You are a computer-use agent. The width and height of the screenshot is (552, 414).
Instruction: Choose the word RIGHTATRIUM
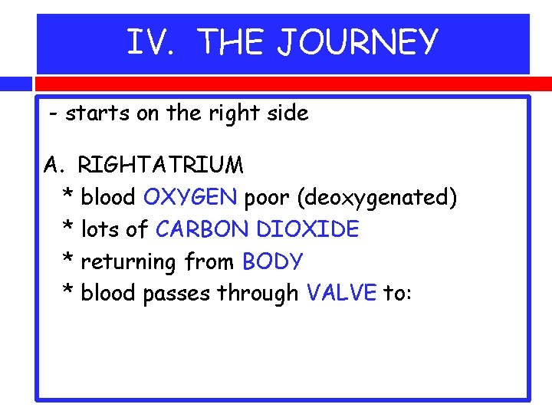pos(161,166)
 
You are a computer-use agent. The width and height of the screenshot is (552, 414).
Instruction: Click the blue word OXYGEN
pos(190,198)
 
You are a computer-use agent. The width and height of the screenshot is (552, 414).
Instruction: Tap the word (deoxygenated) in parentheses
pos(377,198)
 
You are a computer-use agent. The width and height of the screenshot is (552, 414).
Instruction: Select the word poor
pos(268,198)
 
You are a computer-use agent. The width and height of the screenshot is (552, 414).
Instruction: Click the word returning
pos(129,262)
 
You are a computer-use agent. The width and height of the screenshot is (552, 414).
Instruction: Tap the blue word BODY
pos(273,262)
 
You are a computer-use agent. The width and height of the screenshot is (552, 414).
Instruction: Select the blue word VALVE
pos(341,294)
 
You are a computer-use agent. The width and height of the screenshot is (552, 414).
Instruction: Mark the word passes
pos(177,294)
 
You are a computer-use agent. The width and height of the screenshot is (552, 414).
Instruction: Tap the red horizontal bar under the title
pos(282,83)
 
